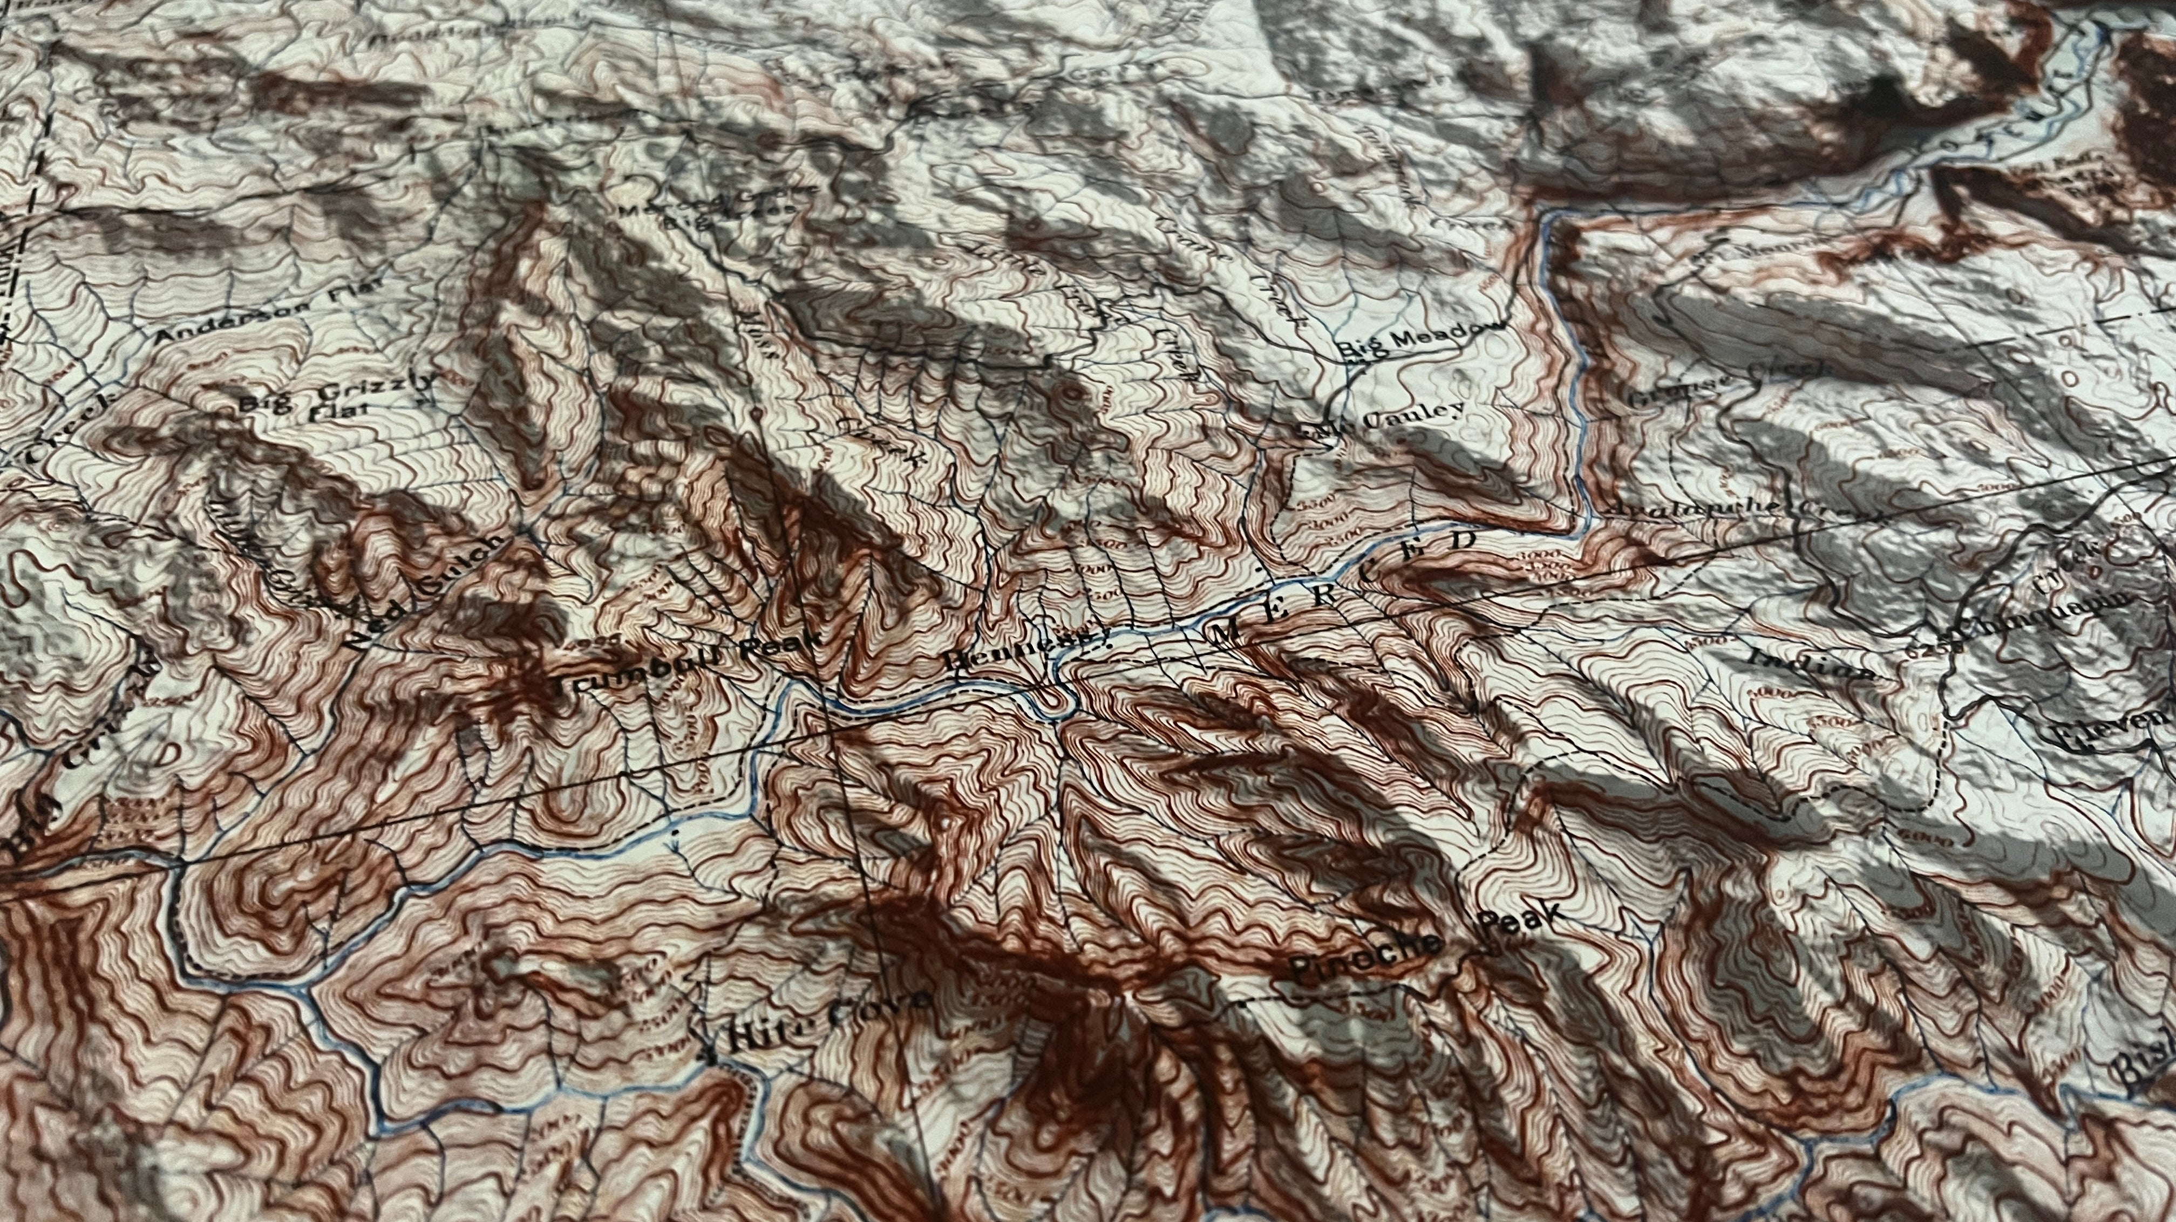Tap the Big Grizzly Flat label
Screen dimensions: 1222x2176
pos(338,397)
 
